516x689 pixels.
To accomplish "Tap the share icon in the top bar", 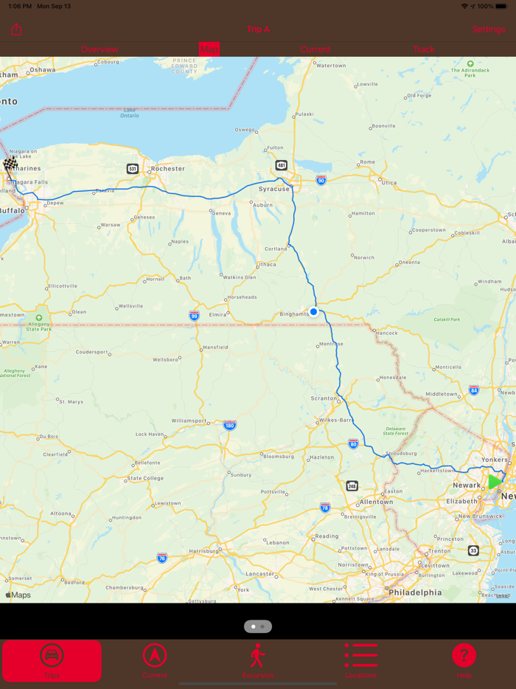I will (x=17, y=30).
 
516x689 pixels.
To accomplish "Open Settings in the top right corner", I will (x=489, y=30).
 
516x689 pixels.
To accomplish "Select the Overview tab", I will (x=100, y=49).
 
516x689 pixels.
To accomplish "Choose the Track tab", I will (x=424, y=49).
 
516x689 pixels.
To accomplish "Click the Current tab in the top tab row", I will (x=315, y=49).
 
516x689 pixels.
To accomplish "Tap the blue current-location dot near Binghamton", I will (x=313, y=312).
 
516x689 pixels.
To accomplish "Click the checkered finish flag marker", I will (x=10, y=165).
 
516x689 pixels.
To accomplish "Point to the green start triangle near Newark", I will (x=494, y=482).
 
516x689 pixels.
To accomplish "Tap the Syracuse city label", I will (x=273, y=189).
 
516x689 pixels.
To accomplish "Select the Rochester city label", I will (x=167, y=168).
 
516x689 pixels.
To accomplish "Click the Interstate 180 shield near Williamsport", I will (x=229, y=426).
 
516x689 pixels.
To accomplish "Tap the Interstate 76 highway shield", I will (x=162, y=558).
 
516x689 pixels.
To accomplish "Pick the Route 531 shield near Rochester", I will (x=132, y=169).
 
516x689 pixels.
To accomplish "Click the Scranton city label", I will (x=324, y=398).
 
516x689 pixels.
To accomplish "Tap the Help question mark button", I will (x=464, y=655).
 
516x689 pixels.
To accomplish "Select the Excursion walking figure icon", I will (x=257, y=655).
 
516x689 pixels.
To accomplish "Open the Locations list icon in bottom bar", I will (x=360, y=655).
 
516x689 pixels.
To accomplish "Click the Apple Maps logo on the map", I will (x=18, y=595).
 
